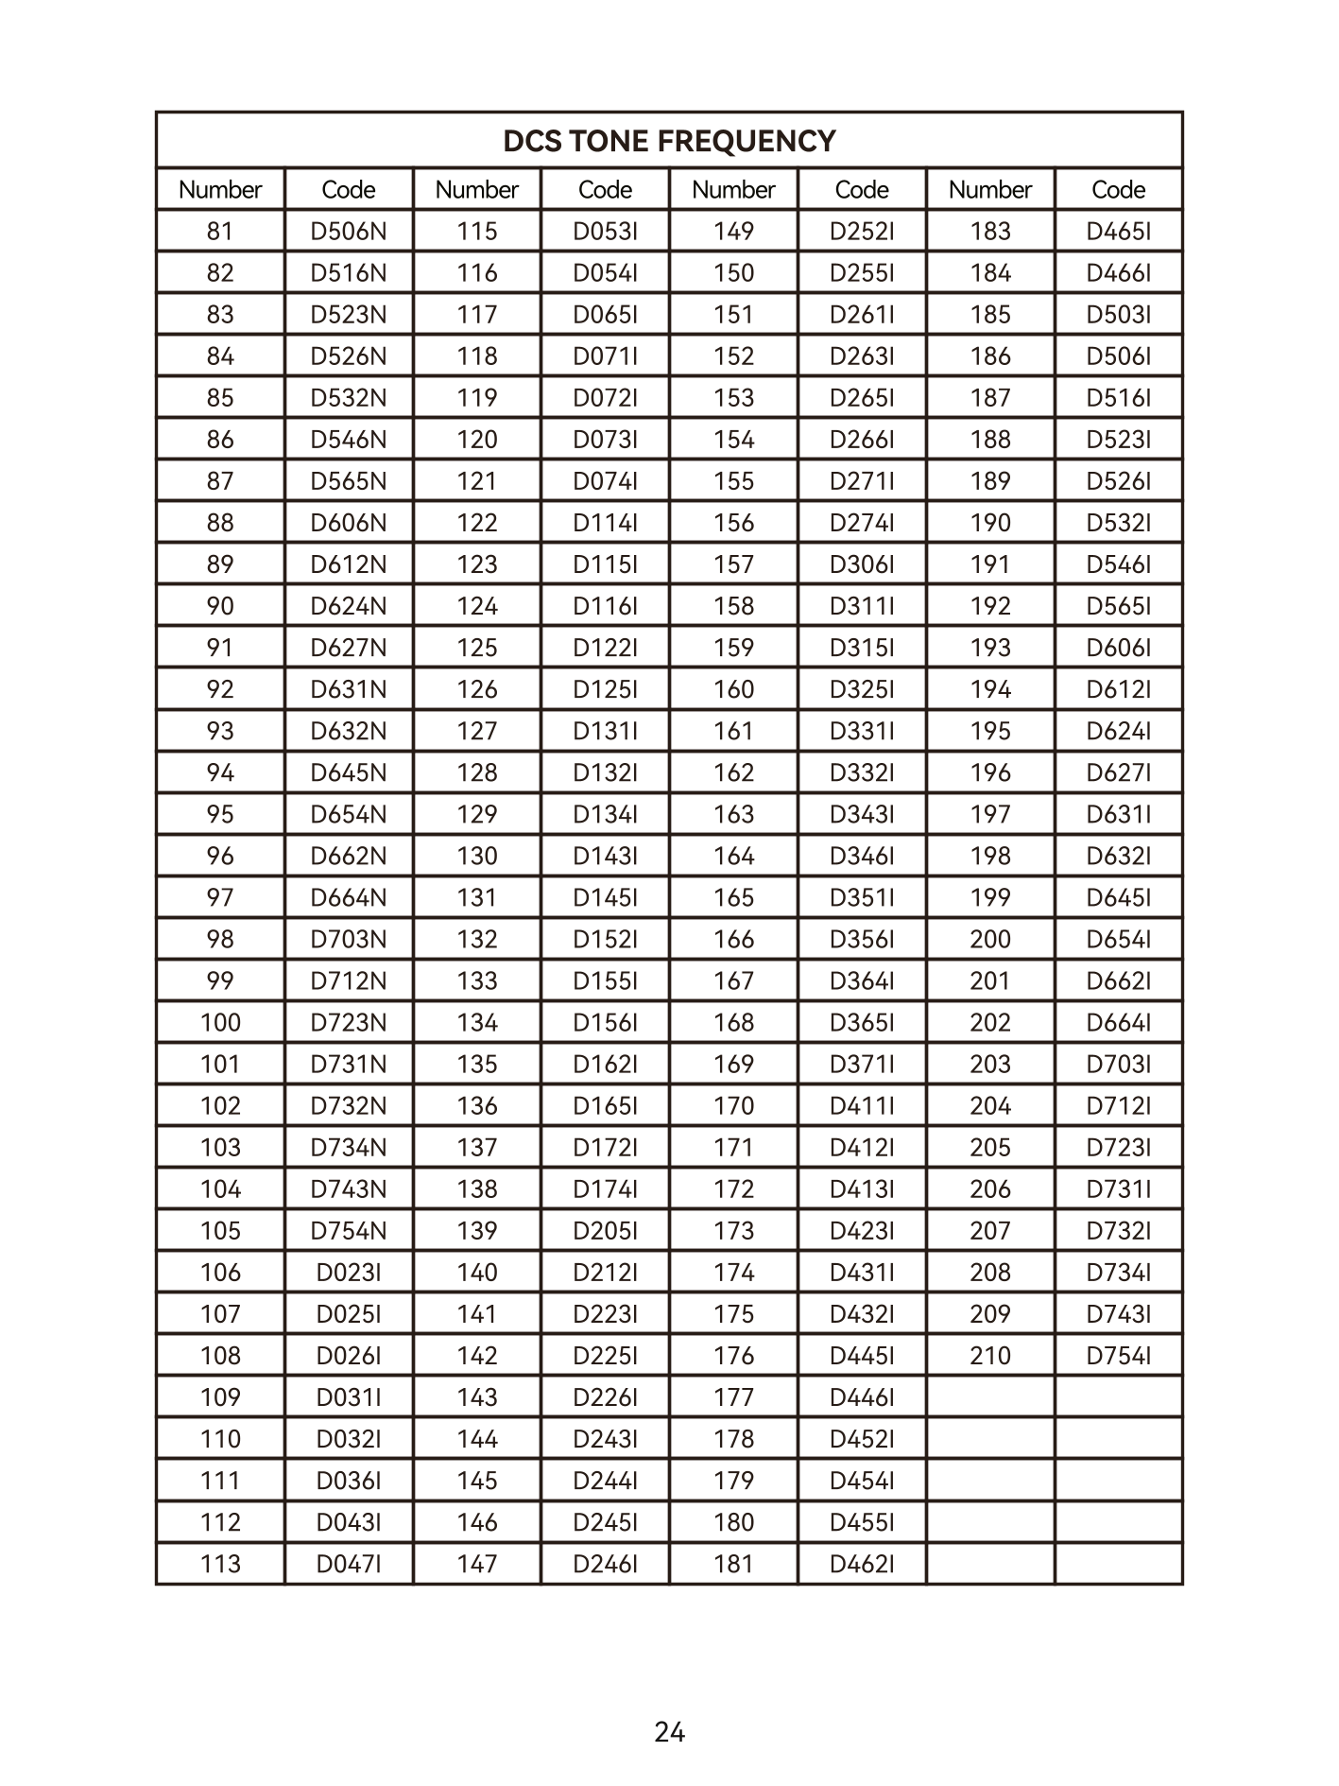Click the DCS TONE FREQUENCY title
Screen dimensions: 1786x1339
point(669,141)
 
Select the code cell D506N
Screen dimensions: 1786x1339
point(349,231)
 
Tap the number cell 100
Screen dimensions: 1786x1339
point(220,1022)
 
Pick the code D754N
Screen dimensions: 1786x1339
point(349,1230)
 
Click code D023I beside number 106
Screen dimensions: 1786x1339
point(349,1272)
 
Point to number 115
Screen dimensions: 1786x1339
point(477,231)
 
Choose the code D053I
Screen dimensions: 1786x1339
point(606,231)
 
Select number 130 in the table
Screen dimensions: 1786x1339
point(477,856)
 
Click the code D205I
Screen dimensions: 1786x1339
point(606,1230)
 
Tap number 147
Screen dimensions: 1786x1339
point(477,1564)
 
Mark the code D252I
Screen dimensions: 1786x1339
point(862,231)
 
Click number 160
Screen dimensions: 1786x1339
point(733,689)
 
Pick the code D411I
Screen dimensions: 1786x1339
point(862,1105)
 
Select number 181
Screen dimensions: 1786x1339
point(733,1564)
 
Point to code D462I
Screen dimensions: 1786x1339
point(862,1564)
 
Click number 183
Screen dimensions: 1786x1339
point(990,231)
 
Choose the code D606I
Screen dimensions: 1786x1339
point(1119,648)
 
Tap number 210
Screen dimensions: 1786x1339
point(990,1355)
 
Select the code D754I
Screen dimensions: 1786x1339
point(1119,1355)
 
